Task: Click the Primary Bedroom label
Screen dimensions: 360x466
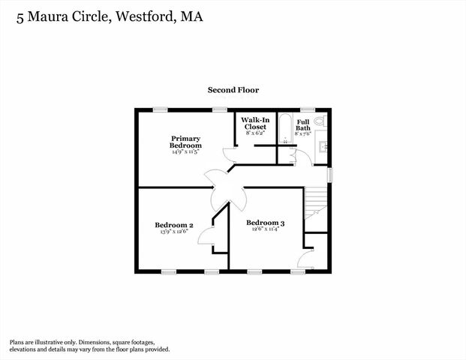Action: tap(185, 142)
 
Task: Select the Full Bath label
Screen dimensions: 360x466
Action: tap(303, 125)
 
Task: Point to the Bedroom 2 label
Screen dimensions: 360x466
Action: tap(174, 225)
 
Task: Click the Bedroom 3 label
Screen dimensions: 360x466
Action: tap(266, 223)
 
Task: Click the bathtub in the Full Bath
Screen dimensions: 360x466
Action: tap(285, 129)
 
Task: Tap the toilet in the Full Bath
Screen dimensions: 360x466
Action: tap(319, 120)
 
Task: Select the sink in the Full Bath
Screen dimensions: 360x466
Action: tap(323, 146)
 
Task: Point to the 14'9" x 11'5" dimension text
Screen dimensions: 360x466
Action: tap(185, 151)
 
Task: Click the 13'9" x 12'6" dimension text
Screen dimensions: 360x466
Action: tap(174, 232)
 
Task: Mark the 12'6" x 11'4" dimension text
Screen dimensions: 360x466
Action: tap(266, 230)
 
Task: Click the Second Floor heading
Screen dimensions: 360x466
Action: tap(233, 90)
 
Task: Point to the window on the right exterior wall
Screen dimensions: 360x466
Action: tap(329, 174)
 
